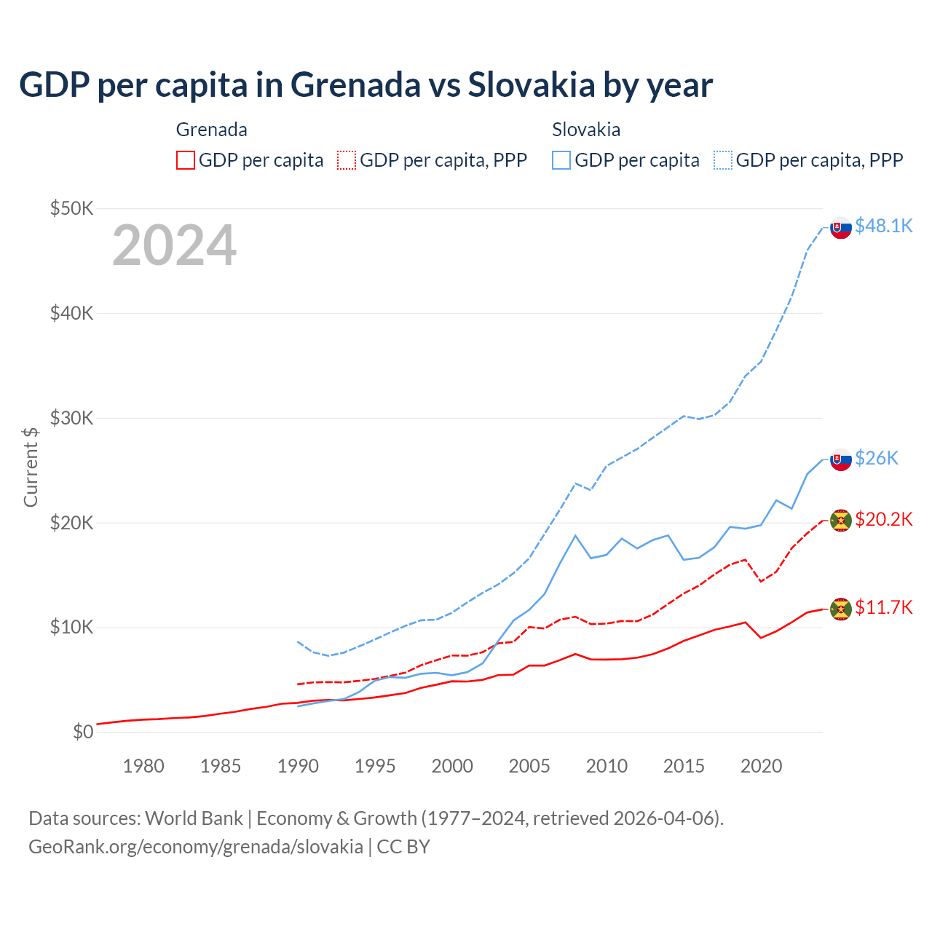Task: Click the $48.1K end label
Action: [883, 226]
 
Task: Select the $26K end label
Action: [877, 457]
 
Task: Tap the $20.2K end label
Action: [883, 519]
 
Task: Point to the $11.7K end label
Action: [883, 607]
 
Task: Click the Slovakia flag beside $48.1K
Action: [841, 228]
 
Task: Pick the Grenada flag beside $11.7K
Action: [841, 609]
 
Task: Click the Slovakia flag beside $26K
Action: [841, 459]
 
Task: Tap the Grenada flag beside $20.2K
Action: [841, 521]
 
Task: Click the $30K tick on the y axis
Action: [72, 418]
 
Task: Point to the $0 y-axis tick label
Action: [83, 732]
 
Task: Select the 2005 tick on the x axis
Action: [529, 766]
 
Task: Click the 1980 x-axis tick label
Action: [143, 766]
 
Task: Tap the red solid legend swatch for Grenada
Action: [186, 160]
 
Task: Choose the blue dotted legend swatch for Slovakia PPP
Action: [723, 160]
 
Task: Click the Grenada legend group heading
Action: [212, 130]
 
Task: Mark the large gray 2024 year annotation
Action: [175, 245]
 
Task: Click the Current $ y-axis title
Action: [31, 467]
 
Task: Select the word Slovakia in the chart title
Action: [532, 84]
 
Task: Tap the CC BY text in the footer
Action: [403, 847]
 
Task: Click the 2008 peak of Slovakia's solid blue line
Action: [575, 535]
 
